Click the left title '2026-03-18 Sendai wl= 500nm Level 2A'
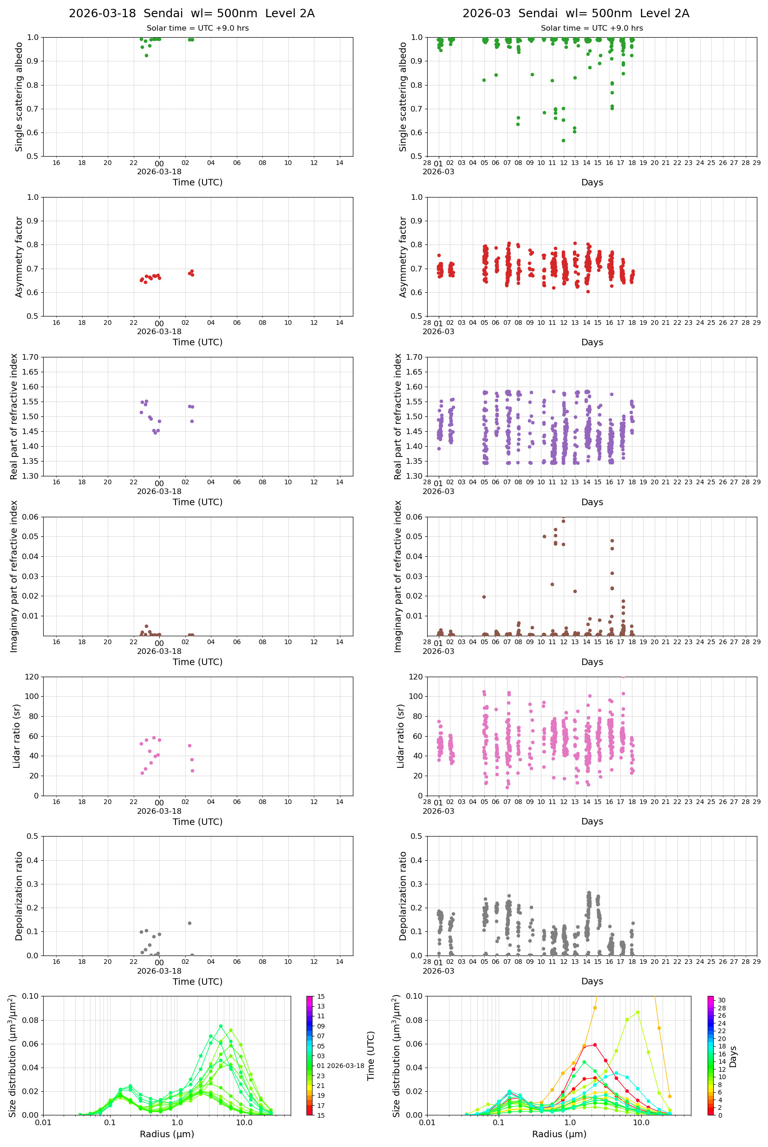(191, 13)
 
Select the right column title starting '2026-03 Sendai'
(575, 13)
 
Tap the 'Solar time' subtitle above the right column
(591, 28)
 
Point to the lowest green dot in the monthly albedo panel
(563, 141)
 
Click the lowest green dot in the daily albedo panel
(146, 55)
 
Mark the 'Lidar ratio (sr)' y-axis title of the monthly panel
(401, 736)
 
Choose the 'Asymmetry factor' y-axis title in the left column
(19, 257)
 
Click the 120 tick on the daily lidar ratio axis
(32, 677)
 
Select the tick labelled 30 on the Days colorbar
(722, 1001)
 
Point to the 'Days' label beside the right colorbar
(733, 1057)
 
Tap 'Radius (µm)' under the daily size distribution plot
(167, 1134)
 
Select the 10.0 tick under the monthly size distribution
(641, 1122)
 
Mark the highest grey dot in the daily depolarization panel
(189, 923)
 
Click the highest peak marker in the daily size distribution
(221, 1026)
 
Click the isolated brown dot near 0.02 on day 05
(484, 597)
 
